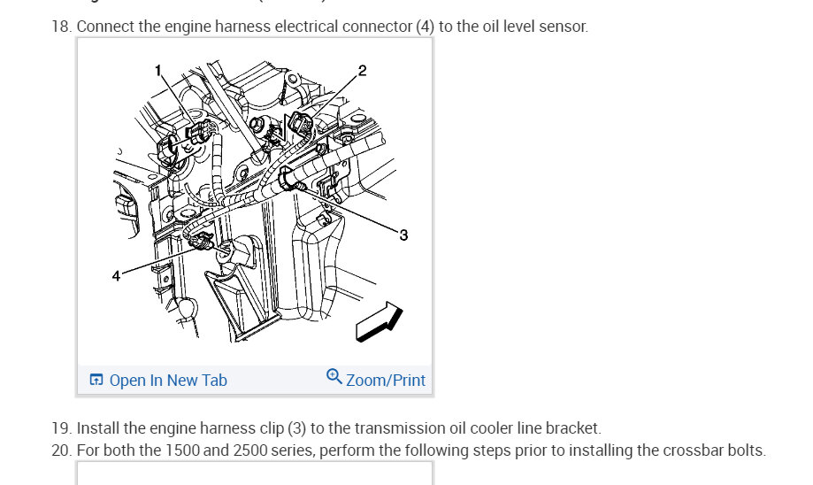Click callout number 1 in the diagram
pyautogui.click(x=158, y=70)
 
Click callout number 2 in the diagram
pyautogui.click(x=362, y=70)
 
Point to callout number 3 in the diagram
pyautogui.click(x=403, y=235)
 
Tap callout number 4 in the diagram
pyautogui.click(x=116, y=276)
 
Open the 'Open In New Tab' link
pyautogui.click(x=167, y=381)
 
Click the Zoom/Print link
pyautogui.click(x=385, y=381)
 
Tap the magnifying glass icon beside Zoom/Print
pyautogui.click(x=334, y=377)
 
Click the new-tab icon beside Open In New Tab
pyautogui.click(x=96, y=381)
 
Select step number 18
pyautogui.click(x=60, y=27)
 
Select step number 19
pyautogui.click(x=60, y=428)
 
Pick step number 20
pyautogui.click(x=60, y=450)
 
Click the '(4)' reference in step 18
pyautogui.click(x=425, y=27)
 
